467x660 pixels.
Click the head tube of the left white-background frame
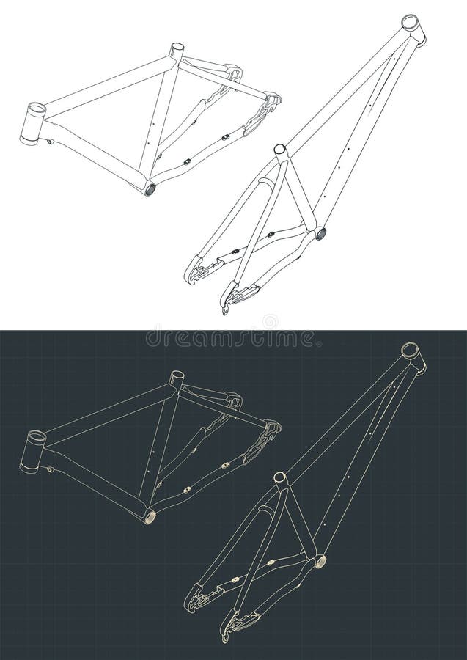(x=34, y=122)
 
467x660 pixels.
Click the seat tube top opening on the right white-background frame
(x=279, y=150)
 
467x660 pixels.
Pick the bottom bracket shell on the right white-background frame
(x=320, y=234)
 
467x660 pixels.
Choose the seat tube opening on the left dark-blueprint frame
(x=176, y=377)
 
